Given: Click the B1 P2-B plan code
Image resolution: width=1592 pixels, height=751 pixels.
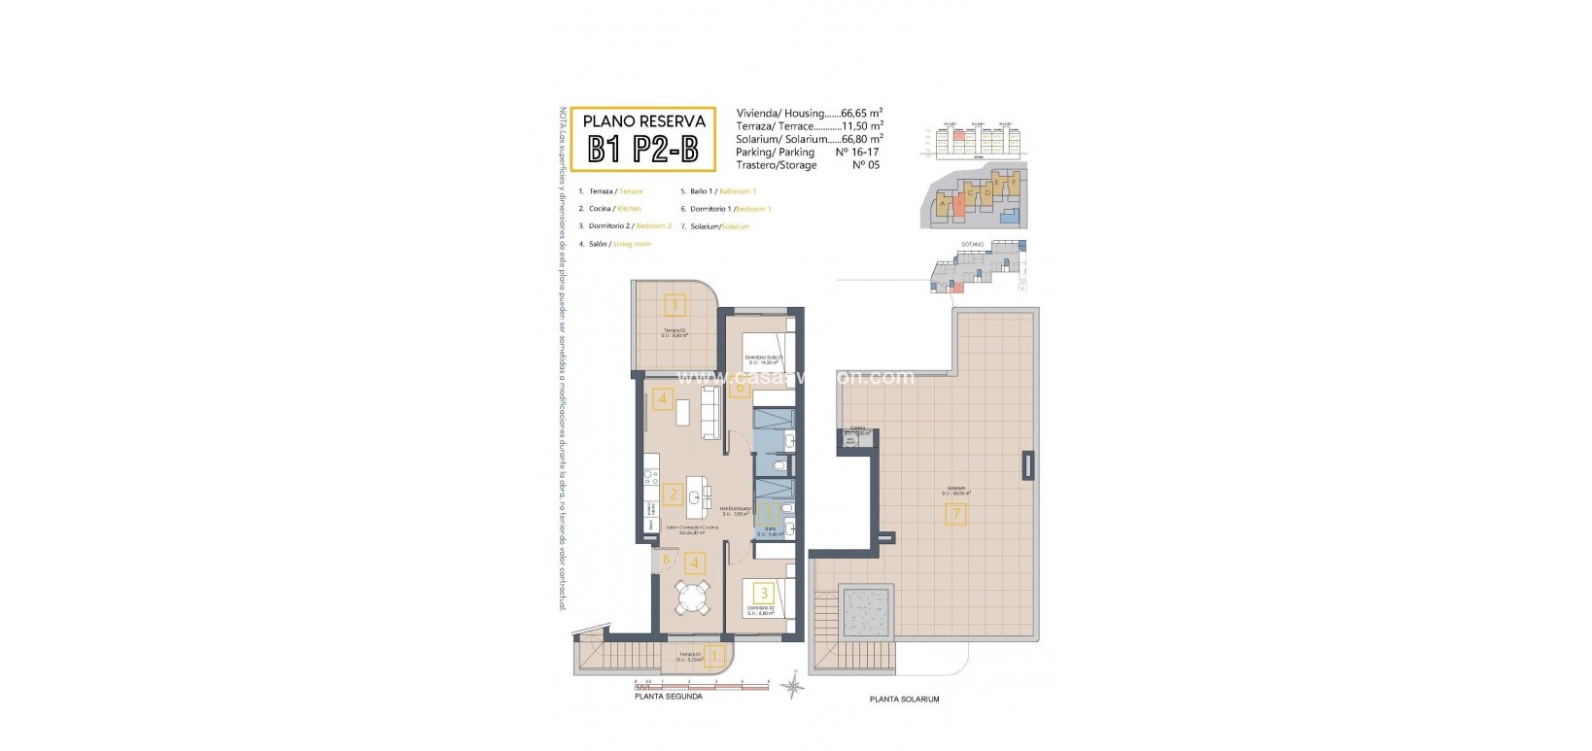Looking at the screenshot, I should (x=642, y=149).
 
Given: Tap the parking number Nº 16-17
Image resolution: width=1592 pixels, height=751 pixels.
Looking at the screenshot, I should (x=855, y=153).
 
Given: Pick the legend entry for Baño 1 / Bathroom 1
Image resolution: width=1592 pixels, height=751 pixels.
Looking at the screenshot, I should (x=718, y=191).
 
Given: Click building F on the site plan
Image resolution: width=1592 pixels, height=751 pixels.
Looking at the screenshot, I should (x=1015, y=183).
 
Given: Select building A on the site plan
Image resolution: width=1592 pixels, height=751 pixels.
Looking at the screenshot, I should (x=943, y=203).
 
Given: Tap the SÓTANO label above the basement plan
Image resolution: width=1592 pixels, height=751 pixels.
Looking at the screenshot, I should (x=973, y=244).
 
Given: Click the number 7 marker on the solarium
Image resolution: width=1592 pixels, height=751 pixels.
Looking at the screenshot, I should (x=956, y=513).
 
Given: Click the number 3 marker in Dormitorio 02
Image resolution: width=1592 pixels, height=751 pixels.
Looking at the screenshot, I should (x=764, y=593).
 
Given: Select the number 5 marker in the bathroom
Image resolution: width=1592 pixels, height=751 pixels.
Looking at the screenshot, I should (x=767, y=509).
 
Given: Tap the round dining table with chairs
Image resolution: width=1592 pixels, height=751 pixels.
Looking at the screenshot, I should (x=693, y=597).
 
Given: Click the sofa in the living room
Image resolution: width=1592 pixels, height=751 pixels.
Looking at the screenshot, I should (x=709, y=411).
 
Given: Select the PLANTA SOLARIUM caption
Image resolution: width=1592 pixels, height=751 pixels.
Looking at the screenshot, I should (x=904, y=699).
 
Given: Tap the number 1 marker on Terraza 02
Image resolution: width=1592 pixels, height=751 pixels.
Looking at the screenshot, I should (x=675, y=306).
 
